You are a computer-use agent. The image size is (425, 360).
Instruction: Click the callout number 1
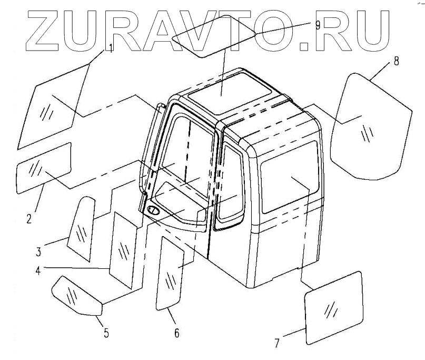click(111, 48)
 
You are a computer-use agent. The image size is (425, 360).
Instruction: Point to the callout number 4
click(38, 271)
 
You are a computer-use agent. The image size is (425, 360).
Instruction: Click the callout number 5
click(106, 332)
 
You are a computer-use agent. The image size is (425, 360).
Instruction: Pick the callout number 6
click(176, 332)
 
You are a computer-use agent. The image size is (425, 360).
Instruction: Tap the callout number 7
click(277, 342)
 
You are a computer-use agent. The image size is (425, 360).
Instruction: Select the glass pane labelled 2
click(44, 168)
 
